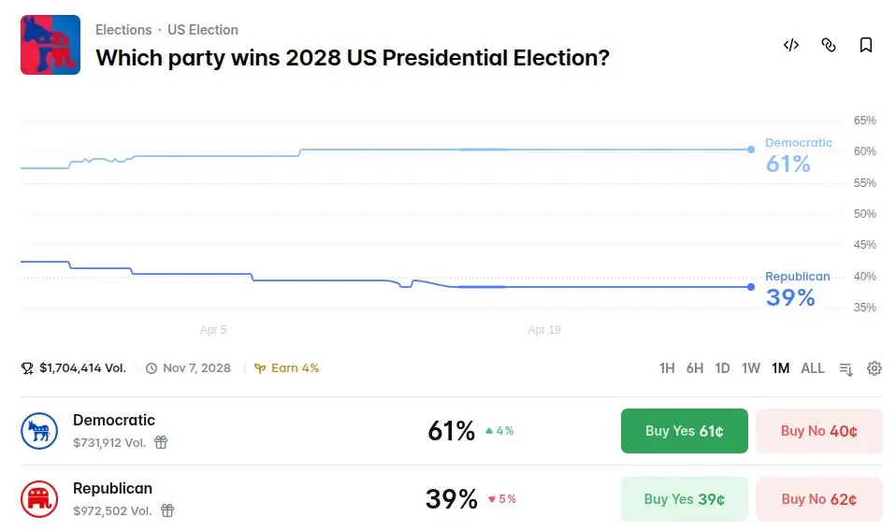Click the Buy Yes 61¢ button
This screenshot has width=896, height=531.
click(x=684, y=431)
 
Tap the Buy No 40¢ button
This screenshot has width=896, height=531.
click(x=818, y=431)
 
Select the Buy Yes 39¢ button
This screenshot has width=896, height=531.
click(x=684, y=499)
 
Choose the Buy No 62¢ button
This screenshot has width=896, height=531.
click(x=818, y=499)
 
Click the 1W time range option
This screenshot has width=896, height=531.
click(x=751, y=368)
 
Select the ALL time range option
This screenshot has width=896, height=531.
click(x=813, y=368)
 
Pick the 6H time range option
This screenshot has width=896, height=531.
click(x=694, y=368)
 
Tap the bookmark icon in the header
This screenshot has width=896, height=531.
click(x=866, y=45)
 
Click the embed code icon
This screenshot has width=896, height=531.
click(x=791, y=45)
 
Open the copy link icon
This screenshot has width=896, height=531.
click(x=829, y=45)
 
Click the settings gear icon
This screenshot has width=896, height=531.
click(x=874, y=368)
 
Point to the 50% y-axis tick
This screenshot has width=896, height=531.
click(x=865, y=214)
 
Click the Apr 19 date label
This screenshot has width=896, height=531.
click(x=543, y=330)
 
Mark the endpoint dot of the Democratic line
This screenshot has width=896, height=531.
click(x=751, y=150)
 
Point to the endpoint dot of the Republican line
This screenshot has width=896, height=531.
click(x=751, y=287)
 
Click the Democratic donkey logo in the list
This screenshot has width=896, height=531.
click(x=39, y=431)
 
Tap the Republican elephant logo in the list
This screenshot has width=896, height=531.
click(x=39, y=499)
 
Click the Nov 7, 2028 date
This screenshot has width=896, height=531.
click(x=196, y=368)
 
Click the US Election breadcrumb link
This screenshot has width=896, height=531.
click(x=203, y=30)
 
